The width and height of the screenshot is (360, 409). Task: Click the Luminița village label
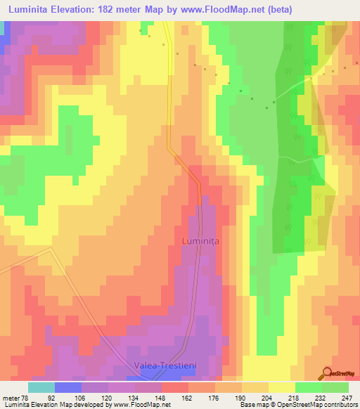coord(201,241)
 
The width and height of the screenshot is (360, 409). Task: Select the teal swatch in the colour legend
coord(41,387)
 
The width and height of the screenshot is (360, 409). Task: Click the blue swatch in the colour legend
coord(67,387)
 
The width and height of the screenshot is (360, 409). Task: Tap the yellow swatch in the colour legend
coord(281,387)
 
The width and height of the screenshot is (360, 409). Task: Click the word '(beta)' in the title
coord(275,9)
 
